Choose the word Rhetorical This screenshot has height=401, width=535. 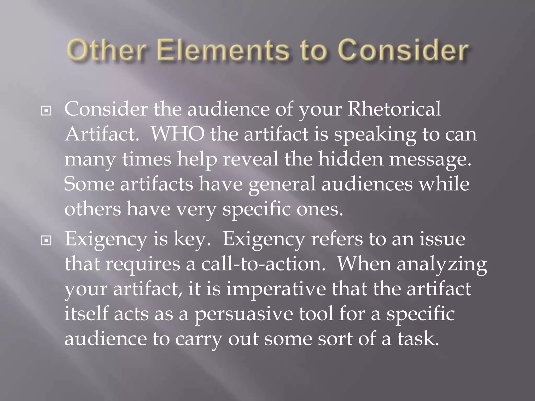[x=394, y=109]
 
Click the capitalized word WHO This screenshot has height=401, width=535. [x=178, y=134]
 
